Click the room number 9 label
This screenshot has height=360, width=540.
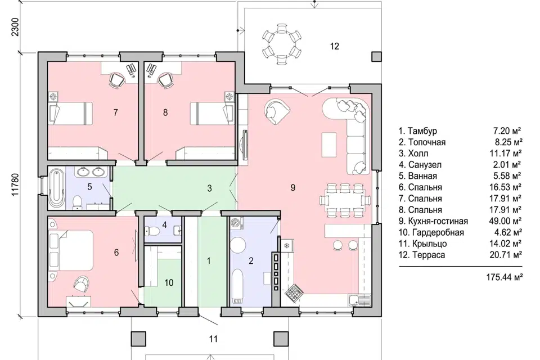coord(292,187)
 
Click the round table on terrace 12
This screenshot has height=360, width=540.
coord(282,44)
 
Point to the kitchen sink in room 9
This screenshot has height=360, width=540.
coord(359,300)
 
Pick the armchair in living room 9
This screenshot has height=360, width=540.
coord(277,110)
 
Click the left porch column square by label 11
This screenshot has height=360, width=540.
coord(138,339)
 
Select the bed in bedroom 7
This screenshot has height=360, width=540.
coord(71,113)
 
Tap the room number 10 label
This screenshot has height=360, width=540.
coord(169,283)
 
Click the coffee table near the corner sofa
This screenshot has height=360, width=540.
coord(328,143)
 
